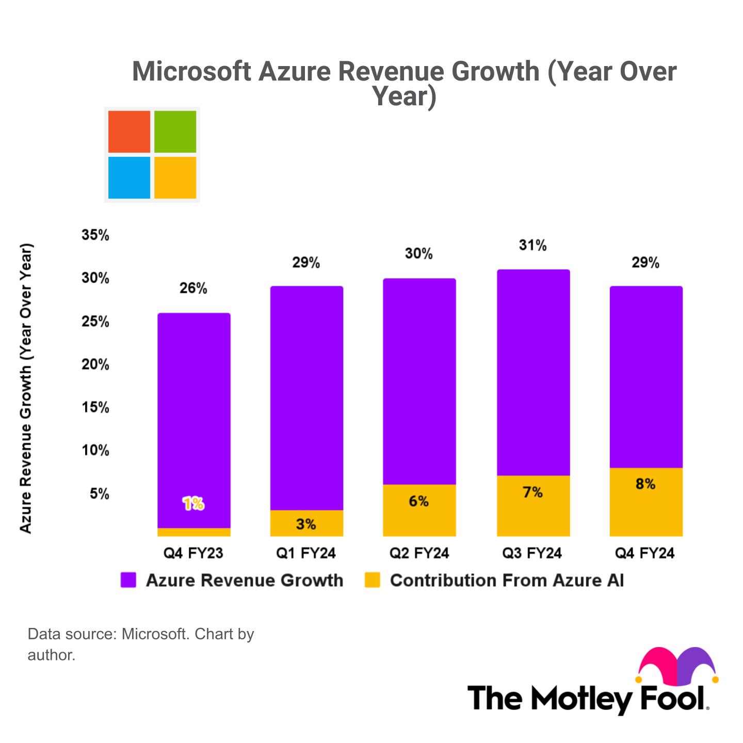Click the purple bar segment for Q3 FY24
(x=533, y=372)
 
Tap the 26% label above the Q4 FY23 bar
(x=193, y=288)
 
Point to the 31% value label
(x=533, y=245)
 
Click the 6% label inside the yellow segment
(x=419, y=501)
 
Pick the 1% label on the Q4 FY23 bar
(x=193, y=504)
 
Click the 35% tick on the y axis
(x=95, y=235)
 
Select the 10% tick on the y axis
(x=95, y=450)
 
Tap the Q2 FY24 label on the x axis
(x=419, y=554)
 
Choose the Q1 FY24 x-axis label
(x=306, y=554)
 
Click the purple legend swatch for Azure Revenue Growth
(x=128, y=580)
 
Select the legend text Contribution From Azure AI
(x=507, y=580)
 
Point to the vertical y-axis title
(x=26, y=388)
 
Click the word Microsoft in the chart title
(x=192, y=71)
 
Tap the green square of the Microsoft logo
(x=175, y=132)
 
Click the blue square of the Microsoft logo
(x=129, y=178)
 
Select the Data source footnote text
(x=140, y=643)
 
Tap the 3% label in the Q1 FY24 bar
(x=306, y=524)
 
